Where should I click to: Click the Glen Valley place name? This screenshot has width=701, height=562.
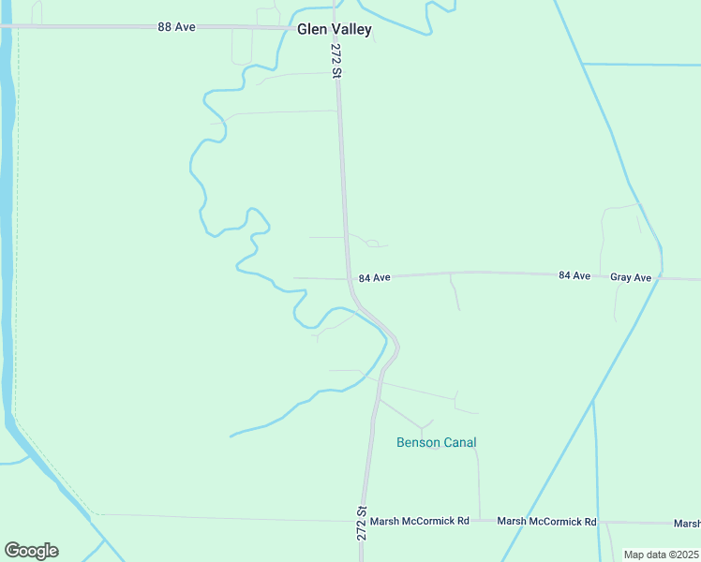click(335, 29)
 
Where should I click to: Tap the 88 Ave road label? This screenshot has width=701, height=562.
click(176, 27)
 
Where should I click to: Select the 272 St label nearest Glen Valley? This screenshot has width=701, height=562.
click(336, 59)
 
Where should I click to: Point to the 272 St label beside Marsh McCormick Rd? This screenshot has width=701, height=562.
click(362, 522)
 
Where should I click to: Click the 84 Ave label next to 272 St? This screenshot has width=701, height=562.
click(374, 278)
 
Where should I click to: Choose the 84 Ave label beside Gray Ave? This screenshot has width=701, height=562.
click(574, 275)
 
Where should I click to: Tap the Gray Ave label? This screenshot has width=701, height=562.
click(630, 277)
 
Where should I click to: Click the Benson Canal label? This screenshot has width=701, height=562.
click(437, 442)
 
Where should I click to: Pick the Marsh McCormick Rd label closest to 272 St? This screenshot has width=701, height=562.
click(419, 521)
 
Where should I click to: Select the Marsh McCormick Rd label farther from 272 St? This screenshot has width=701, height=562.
click(546, 521)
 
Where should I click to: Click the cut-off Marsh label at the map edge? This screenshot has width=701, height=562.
click(687, 523)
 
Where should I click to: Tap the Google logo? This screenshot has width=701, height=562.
click(31, 551)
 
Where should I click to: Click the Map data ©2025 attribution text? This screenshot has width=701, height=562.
click(661, 555)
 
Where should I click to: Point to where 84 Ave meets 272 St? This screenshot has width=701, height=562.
click(349, 278)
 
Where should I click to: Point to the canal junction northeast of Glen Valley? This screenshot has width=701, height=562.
click(583, 64)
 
